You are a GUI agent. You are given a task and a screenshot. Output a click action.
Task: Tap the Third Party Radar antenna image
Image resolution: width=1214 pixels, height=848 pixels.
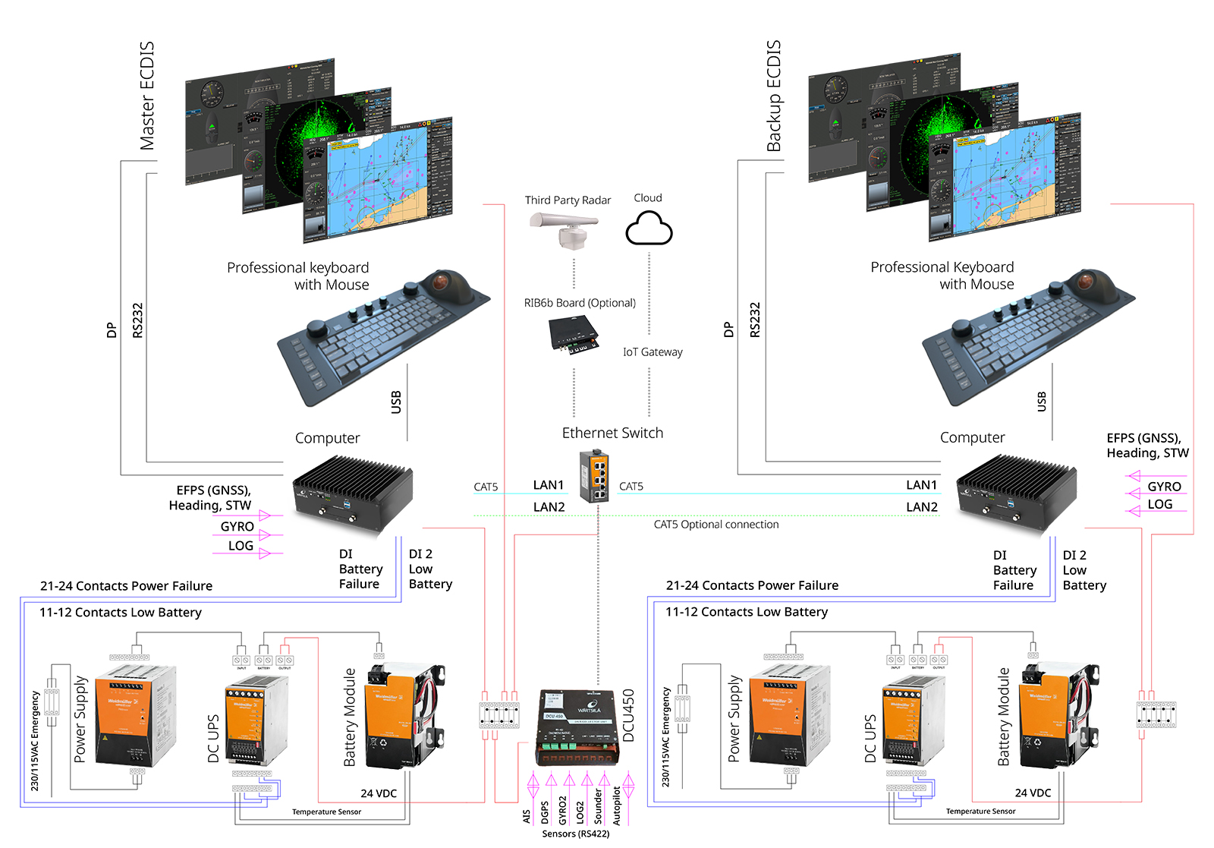pyautogui.click(x=565, y=230)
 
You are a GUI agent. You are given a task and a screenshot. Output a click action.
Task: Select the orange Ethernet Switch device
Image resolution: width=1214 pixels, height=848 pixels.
pyautogui.click(x=594, y=476)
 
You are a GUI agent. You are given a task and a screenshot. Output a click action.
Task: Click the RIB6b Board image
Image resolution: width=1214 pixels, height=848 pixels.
pyautogui.click(x=574, y=335)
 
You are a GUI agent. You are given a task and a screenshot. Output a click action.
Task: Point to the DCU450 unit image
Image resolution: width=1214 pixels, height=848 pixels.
pyautogui.click(x=577, y=727)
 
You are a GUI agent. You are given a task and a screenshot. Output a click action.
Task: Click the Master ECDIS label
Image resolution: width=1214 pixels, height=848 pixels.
pyautogui.click(x=147, y=96)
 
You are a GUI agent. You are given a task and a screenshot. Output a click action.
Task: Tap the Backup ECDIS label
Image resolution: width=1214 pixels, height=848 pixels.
pyautogui.click(x=773, y=96)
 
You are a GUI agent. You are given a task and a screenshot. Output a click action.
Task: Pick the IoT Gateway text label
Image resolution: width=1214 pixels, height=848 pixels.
pyautogui.click(x=653, y=352)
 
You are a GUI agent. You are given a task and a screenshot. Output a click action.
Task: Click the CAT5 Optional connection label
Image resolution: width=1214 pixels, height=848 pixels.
pyautogui.click(x=716, y=525)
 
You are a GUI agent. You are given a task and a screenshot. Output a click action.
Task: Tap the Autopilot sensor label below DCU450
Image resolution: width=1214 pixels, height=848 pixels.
pyautogui.click(x=617, y=805)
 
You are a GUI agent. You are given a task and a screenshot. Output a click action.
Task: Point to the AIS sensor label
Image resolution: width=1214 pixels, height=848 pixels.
pyautogui.click(x=527, y=816)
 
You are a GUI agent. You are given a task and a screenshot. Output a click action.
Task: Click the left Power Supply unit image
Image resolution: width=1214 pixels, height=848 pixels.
pyautogui.click(x=134, y=714)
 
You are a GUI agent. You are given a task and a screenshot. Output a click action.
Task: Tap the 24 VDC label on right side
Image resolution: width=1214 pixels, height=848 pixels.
pyautogui.click(x=1033, y=793)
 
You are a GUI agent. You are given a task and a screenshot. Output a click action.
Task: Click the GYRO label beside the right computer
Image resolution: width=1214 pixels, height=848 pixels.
pyautogui.click(x=1163, y=487)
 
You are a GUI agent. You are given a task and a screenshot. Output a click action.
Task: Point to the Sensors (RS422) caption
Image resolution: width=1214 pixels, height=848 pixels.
pyautogui.click(x=575, y=834)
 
